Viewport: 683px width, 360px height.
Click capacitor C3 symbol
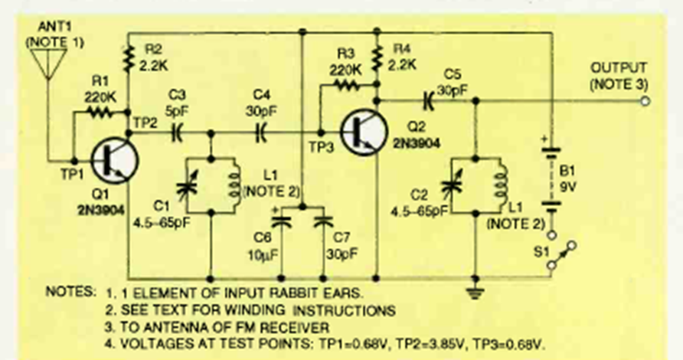[x=177, y=133]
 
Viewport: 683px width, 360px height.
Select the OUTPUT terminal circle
[x=646, y=100]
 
